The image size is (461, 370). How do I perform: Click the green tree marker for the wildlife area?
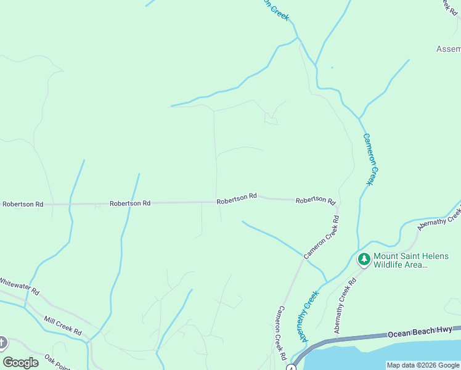pos(364,260)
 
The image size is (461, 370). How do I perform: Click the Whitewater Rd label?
pos(19,286)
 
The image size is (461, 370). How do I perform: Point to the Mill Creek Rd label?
pos(62,326)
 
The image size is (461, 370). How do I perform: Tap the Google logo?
pos(20,363)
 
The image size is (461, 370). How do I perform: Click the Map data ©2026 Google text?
pos(423,365)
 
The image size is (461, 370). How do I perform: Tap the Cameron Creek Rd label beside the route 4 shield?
pos(282,334)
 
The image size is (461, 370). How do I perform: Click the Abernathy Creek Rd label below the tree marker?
pos(346,306)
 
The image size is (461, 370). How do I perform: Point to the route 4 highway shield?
pos(292,368)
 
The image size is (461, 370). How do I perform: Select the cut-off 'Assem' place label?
pos(448,49)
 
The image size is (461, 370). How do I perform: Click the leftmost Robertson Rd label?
pos(23,203)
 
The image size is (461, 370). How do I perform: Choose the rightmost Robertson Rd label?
pos(315,200)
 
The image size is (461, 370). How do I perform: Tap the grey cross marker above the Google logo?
pos(2,342)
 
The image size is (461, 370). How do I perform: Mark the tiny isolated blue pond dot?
pos(332,67)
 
